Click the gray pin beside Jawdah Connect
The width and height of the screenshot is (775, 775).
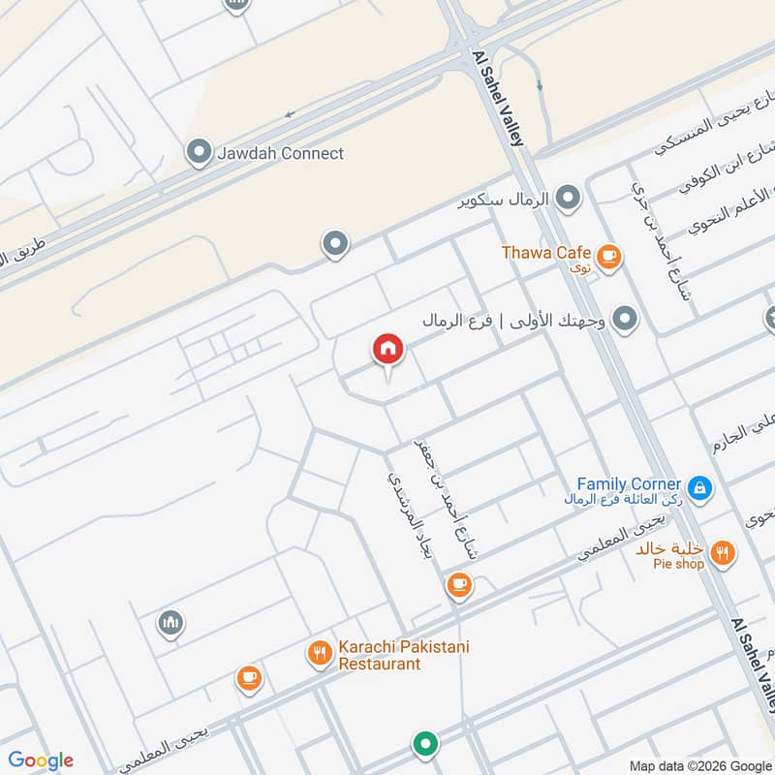(x=199, y=153)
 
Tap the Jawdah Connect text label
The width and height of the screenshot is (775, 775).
(x=280, y=153)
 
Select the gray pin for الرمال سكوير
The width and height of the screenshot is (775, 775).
(x=569, y=200)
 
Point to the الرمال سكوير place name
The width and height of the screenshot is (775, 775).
(x=504, y=200)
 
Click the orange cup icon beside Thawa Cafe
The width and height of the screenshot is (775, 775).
(x=608, y=256)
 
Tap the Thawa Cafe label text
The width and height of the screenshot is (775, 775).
(x=546, y=253)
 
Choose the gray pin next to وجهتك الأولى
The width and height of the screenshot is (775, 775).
(x=626, y=319)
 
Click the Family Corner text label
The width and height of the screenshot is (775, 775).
(x=629, y=482)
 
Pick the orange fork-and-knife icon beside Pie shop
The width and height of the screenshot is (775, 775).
(x=722, y=554)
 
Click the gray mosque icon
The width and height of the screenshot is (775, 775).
(x=171, y=622)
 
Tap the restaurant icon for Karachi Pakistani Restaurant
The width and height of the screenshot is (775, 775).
(x=320, y=654)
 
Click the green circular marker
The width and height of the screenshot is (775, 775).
(x=423, y=745)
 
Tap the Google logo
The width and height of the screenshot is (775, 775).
(x=41, y=760)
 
